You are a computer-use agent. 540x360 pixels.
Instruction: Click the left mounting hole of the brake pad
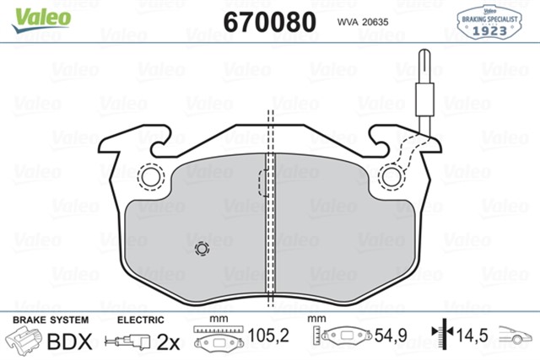(153, 176)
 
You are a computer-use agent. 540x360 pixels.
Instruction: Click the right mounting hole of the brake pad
(391, 176)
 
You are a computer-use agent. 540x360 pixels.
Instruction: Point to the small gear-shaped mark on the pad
(201, 249)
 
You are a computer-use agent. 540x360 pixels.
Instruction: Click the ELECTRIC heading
(139, 321)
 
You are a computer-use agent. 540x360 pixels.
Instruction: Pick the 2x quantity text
(169, 341)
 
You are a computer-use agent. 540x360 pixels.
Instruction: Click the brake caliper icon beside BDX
(25, 341)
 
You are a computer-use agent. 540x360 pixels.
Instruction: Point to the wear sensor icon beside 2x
(127, 341)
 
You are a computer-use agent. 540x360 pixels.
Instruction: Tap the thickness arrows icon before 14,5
(439, 338)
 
